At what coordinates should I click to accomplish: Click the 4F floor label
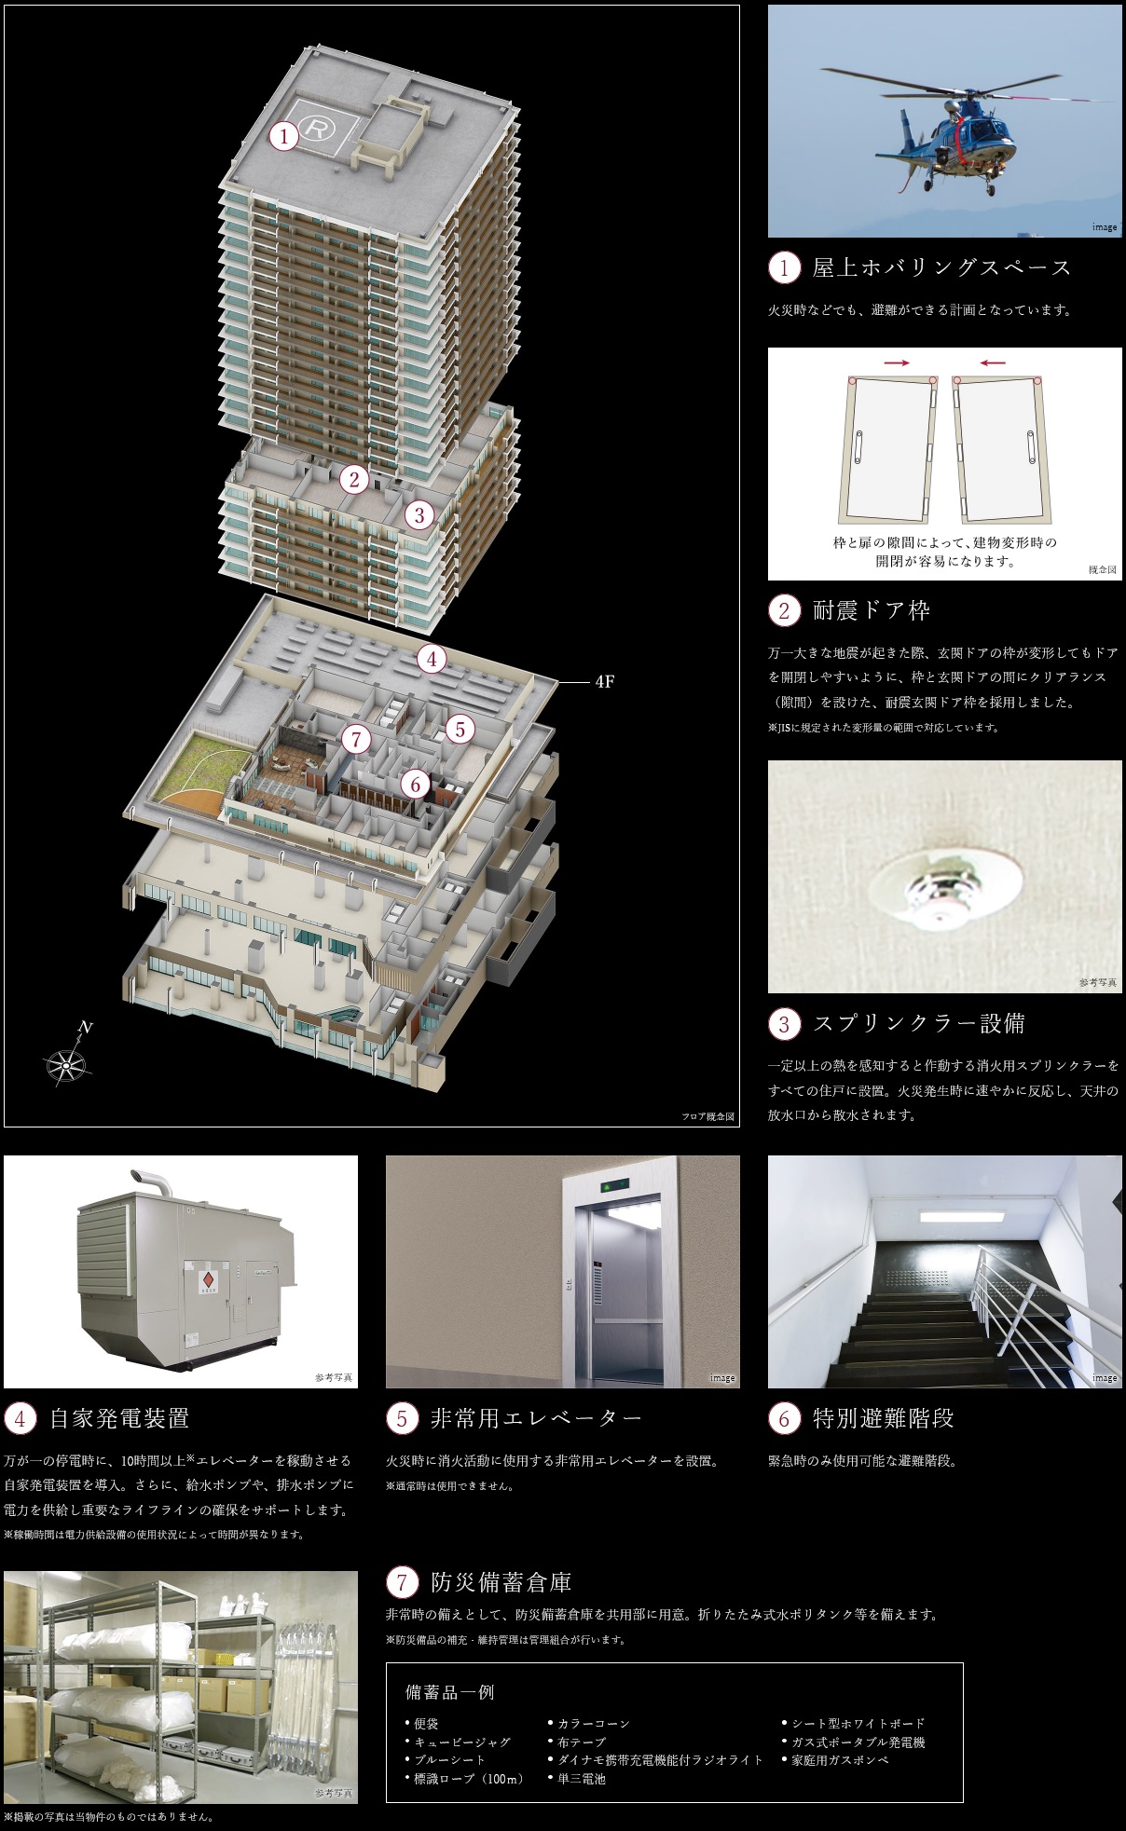[604, 681]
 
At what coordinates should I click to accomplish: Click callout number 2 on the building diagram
[353, 479]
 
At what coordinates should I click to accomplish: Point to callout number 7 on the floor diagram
[356, 739]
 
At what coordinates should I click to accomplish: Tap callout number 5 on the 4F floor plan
[460, 729]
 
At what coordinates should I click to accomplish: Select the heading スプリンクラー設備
[919, 1023]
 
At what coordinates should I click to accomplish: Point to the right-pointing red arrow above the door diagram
[896, 362]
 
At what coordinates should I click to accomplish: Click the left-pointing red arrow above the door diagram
[993, 362]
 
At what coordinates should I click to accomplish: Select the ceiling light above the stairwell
[960, 1217]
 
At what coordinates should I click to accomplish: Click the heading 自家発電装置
[119, 1418]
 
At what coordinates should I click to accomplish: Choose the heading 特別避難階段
[884, 1418]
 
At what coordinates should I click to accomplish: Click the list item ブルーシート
[449, 1760]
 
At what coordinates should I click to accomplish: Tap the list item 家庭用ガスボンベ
[840, 1760]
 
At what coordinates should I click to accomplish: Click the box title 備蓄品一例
[449, 1692]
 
